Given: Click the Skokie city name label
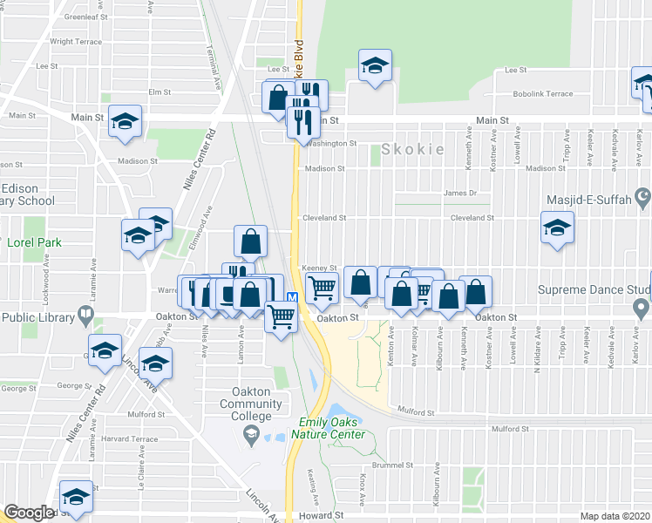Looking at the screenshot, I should tap(412, 149).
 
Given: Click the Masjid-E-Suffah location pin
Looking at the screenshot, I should tap(643, 194).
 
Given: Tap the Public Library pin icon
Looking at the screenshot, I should tap(85, 313).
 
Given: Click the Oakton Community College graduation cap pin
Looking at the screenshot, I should tap(251, 435).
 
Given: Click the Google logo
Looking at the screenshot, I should tap(28, 513).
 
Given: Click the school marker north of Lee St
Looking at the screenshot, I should tap(376, 65).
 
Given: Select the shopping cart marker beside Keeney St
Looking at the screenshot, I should tap(323, 287).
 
